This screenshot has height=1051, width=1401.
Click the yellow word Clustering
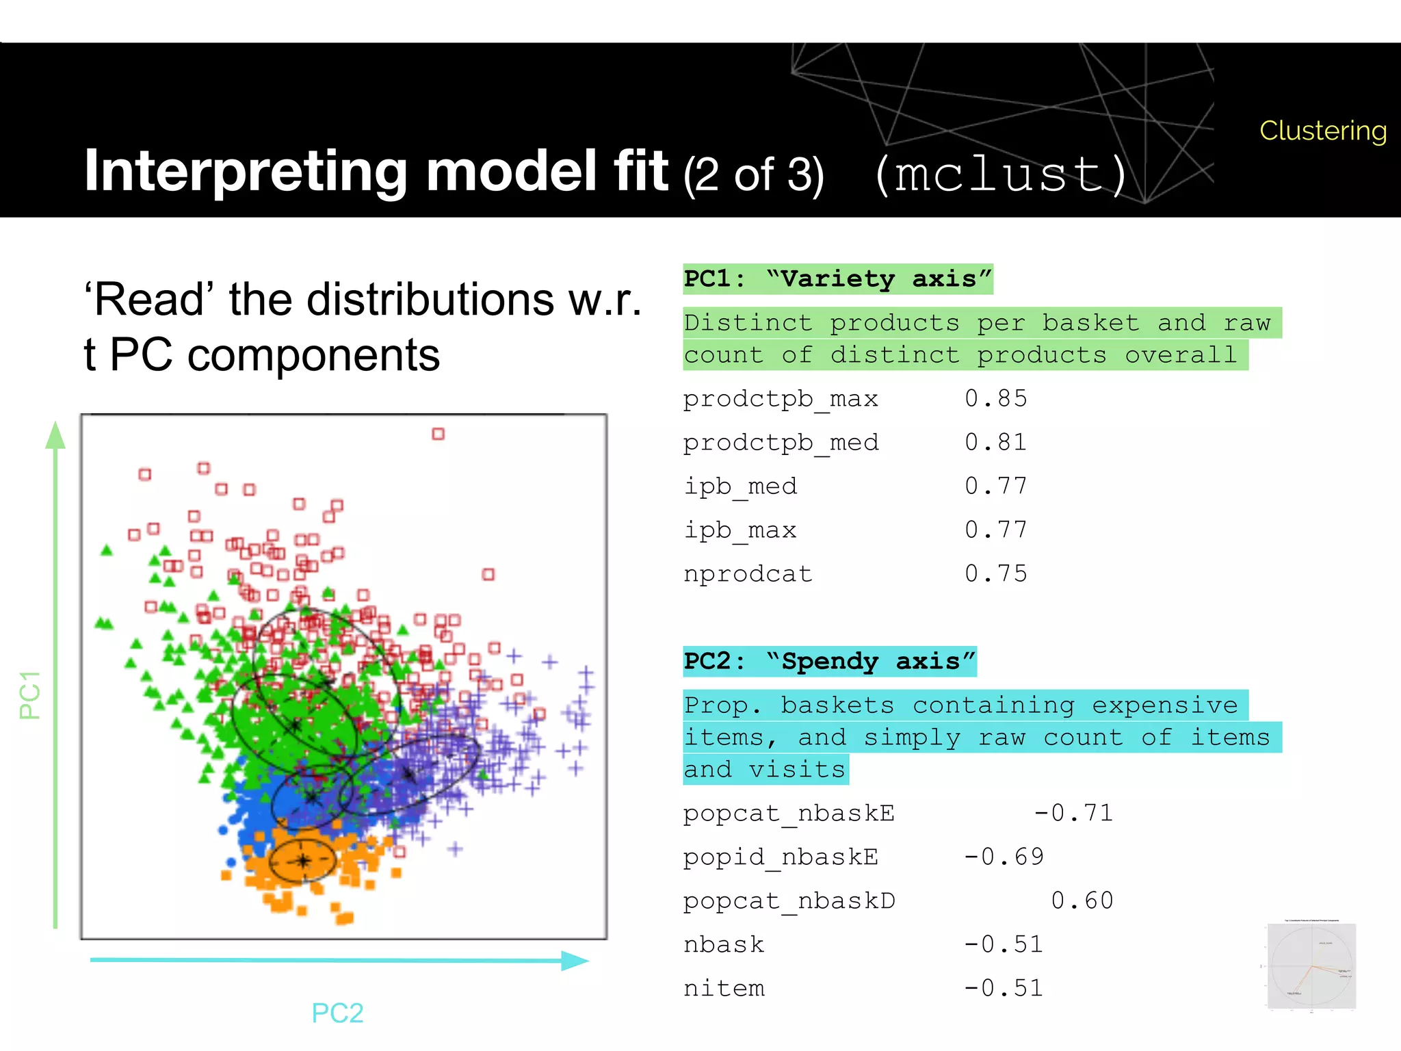(1322, 130)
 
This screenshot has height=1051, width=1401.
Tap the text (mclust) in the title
(1001, 174)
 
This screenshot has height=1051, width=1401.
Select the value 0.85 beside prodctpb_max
(995, 398)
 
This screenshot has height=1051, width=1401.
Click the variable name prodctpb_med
(781, 443)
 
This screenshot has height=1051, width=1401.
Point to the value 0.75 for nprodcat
(995, 573)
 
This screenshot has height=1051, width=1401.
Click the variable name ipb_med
(740, 486)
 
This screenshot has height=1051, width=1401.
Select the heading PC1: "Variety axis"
(837, 279)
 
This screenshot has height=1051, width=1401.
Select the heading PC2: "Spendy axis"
(829, 661)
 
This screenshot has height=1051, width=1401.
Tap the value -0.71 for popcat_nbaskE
(1073, 813)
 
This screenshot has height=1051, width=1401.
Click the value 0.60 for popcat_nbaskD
(1082, 900)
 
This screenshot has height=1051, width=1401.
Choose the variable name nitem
(724, 988)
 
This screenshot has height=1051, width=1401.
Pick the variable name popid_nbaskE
(781, 857)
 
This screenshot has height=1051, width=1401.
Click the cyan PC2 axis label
(337, 1013)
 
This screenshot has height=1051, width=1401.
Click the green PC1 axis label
(30, 695)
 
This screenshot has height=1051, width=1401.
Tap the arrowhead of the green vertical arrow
(55, 435)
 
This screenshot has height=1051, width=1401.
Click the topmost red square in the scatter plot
(438, 434)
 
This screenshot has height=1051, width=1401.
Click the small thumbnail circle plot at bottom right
(1311, 966)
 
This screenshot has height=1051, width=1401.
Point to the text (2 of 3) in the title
(753, 175)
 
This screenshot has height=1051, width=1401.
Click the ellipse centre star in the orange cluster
(303, 861)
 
